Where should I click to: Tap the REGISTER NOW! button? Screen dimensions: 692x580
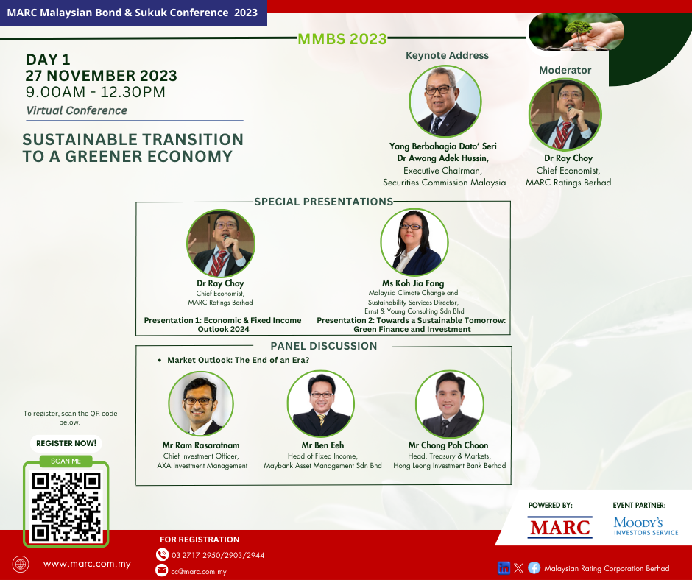click(66, 443)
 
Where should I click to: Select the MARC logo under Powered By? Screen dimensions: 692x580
click(559, 528)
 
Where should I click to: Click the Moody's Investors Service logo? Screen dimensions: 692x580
click(646, 526)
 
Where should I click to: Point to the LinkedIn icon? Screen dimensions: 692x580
click(504, 568)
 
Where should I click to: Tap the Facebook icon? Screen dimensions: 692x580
click(534, 568)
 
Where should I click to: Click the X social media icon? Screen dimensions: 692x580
click(519, 568)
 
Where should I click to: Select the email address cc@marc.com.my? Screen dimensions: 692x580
click(199, 572)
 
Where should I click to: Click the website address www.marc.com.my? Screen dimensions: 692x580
click(87, 564)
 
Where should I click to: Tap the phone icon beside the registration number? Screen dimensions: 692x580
click(162, 554)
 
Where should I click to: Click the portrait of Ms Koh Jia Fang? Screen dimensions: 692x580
click(414, 242)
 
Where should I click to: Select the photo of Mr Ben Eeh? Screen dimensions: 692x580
click(321, 404)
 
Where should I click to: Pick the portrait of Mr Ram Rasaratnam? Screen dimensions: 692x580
click(201, 403)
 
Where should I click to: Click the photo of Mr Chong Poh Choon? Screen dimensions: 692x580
click(449, 404)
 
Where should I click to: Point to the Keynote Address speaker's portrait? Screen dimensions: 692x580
click(445, 101)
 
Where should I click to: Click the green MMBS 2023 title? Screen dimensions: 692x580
click(342, 39)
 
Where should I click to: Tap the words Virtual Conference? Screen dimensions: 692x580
click(77, 110)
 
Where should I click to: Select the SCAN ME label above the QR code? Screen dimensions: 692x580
click(66, 461)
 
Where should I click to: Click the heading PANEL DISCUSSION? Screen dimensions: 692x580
click(324, 346)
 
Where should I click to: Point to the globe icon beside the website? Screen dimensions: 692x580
click(21, 564)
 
